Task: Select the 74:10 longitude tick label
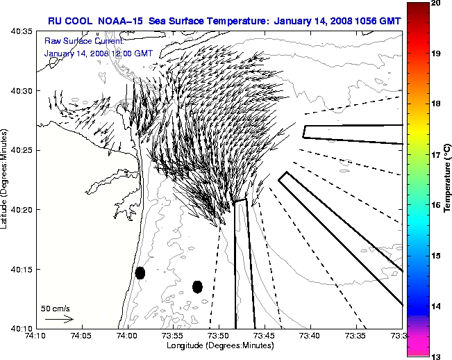click(x=35, y=336)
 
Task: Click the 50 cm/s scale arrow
click(x=58, y=319)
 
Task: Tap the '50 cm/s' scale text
click(x=56, y=308)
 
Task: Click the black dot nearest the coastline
click(x=140, y=272)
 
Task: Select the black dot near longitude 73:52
click(x=197, y=286)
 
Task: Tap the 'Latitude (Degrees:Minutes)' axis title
click(x=6, y=179)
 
